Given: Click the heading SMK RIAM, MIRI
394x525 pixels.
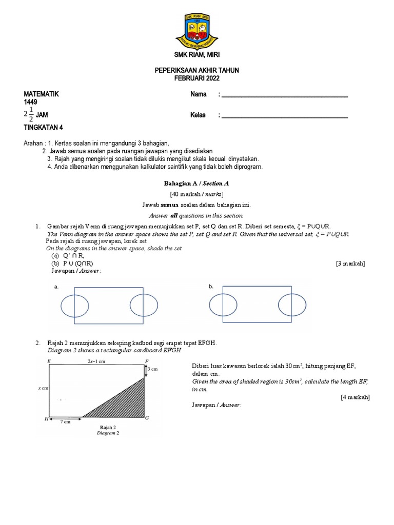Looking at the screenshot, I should pos(197,55).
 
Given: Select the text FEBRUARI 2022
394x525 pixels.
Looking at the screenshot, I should pos(197,78).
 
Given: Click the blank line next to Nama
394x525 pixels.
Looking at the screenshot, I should pos(284,95).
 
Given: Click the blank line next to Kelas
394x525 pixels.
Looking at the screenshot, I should pos(284,116).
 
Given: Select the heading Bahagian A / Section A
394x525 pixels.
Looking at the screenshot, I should pos(196,183).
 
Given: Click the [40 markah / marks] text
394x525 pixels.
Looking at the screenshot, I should pos(196,194).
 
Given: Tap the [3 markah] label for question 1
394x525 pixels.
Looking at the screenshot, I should pos(350,263).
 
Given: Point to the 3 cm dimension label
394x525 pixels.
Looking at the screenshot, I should pos(152,369).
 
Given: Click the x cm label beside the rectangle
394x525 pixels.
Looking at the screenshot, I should pos(43,388).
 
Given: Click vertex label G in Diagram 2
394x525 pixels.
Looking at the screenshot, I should pos(147,419).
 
